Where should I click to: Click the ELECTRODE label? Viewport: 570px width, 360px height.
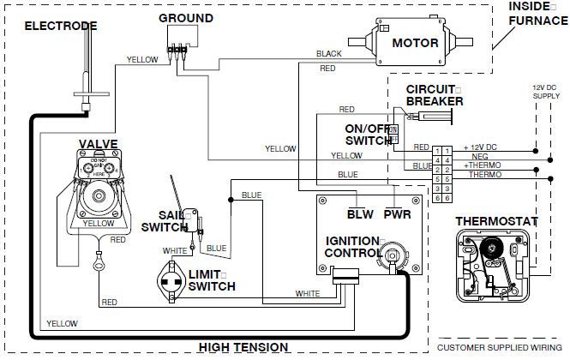coord(60,26)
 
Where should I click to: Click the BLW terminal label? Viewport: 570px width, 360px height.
coord(360,213)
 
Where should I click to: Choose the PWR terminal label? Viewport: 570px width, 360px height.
coord(397,213)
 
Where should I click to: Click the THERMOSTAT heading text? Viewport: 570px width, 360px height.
coord(496,221)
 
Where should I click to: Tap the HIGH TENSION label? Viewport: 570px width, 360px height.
coord(243,346)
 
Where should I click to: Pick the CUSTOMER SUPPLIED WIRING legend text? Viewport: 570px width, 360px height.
coord(502,348)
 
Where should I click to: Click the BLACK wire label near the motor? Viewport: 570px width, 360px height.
coord(328,53)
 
